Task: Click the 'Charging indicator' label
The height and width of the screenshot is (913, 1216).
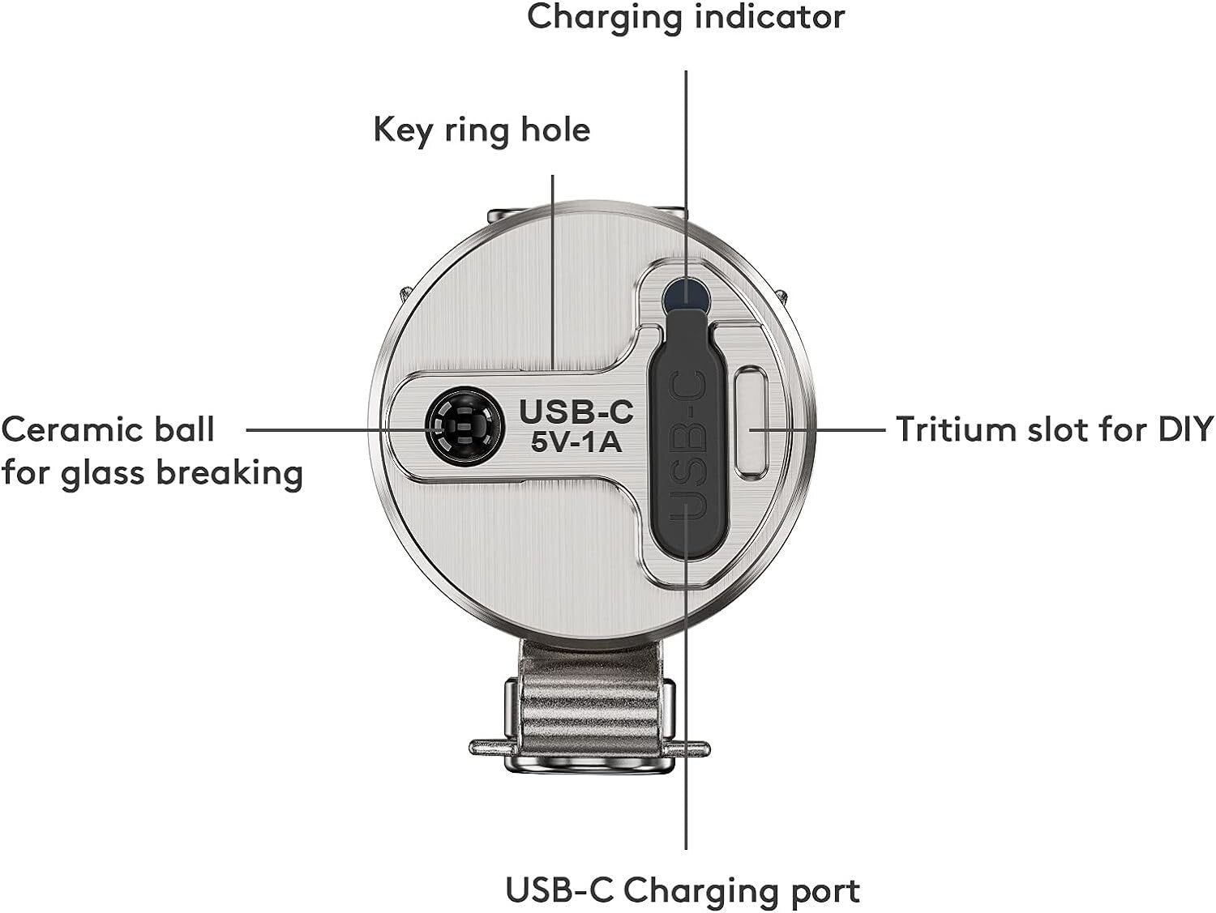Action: point(685,17)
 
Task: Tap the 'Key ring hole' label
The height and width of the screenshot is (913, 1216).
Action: point(482,130)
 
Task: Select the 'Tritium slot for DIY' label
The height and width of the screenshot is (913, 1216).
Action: point(1054,429)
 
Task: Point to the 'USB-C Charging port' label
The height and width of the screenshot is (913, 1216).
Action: point(682,890)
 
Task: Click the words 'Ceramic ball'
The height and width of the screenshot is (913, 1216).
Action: point(108,429)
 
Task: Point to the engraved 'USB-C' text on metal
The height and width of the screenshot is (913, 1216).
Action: point(576,412)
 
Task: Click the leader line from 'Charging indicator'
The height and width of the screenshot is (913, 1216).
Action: point(686,162)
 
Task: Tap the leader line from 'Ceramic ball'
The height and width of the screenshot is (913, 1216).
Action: point(324,429)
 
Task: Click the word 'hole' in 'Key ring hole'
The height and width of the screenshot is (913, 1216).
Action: point(555,130)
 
